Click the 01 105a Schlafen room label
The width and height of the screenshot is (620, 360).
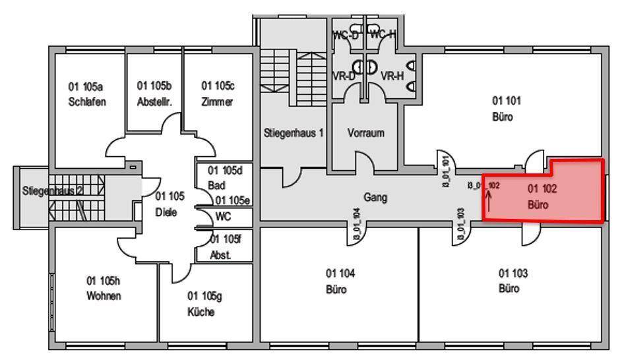87,94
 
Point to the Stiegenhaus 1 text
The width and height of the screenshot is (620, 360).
294,133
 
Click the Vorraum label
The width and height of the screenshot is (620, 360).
365,133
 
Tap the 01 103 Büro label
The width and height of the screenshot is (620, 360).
512,281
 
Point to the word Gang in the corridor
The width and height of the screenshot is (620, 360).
375,196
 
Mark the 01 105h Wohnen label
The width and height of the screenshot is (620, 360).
104,289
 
